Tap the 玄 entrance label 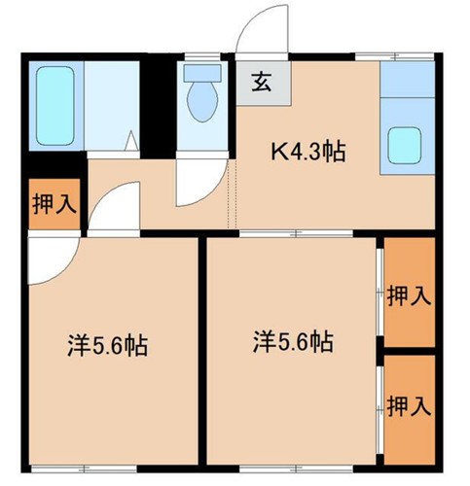(x=262, y=83)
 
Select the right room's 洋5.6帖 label (x=293, y=341)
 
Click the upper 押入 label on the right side (x=408, y=295)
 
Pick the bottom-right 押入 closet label (x=408, y=405)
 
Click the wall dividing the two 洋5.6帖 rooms (x=202, y=350)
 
